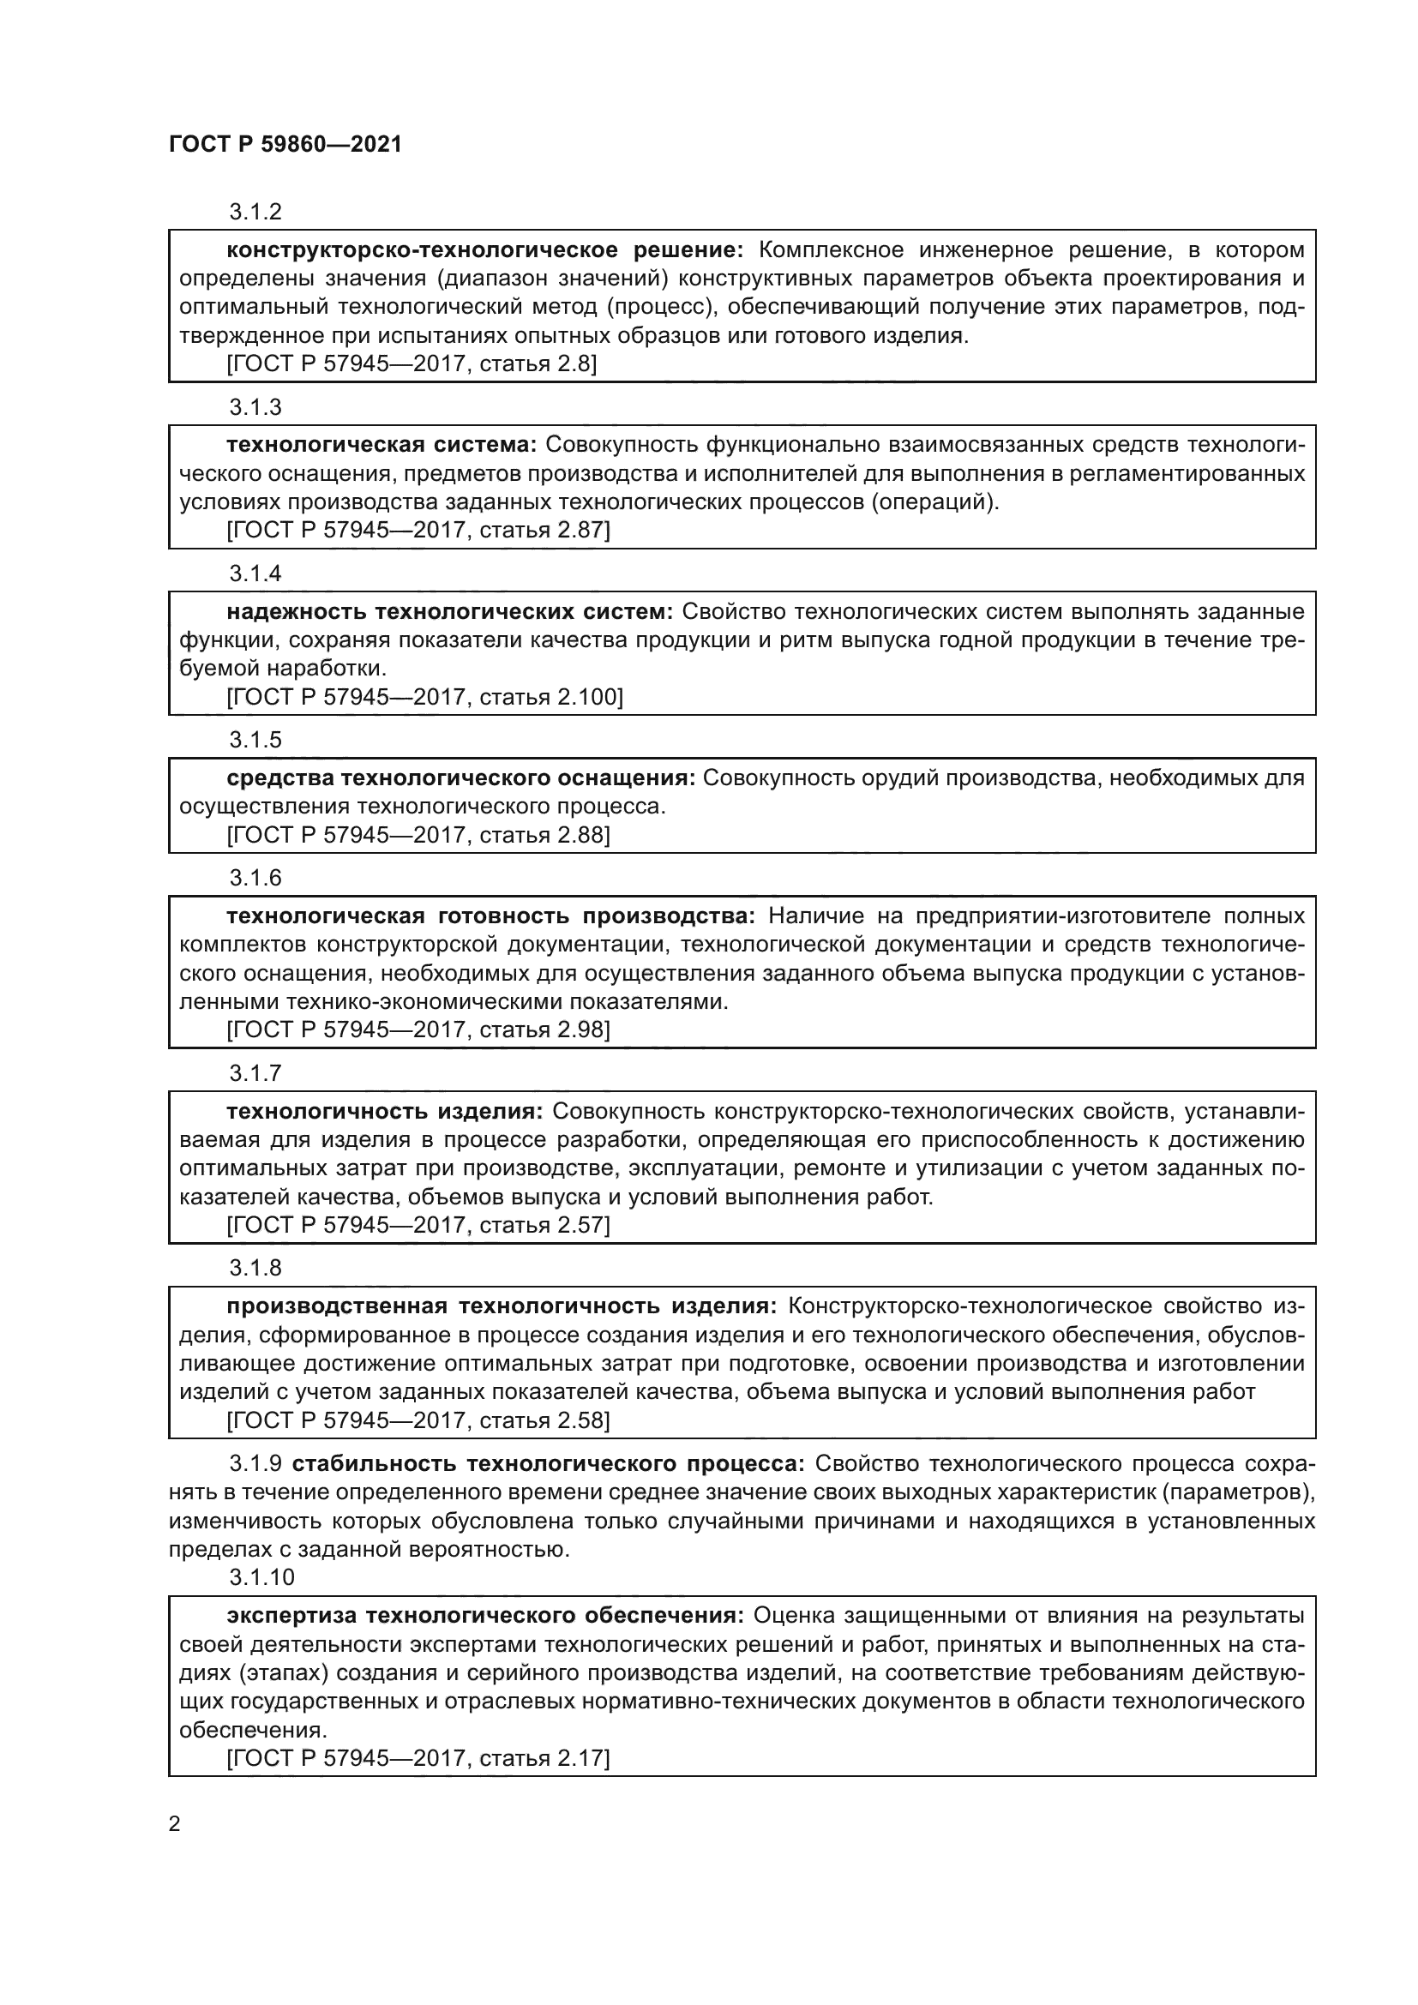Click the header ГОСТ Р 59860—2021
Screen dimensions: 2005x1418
(x=285, y=144)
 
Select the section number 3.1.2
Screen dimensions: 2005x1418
(x=255, y=213)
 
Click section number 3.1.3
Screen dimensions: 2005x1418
(x=255, y=407)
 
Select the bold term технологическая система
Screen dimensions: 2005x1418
(x=382, y=446)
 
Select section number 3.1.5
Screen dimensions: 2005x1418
(x=255, y=740)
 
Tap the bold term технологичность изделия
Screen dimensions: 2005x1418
(x=385, y=1112)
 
